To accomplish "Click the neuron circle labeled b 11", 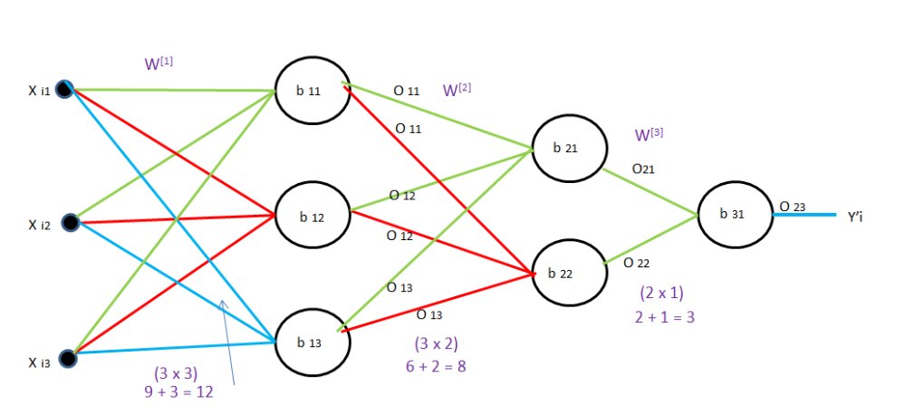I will [x=313, y=92].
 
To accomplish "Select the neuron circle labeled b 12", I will [x=313, y=217].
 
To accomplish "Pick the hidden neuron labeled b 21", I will [x=568, y=148].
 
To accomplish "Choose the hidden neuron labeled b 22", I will [x=568, y=273].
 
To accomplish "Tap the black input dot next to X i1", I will [x=63, y=89].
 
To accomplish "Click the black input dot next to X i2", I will [x=71, y=222].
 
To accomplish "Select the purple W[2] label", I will [x=457, y=91].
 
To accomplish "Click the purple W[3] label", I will [x=650, y=135].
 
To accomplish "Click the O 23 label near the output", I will [x=792, y=207].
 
